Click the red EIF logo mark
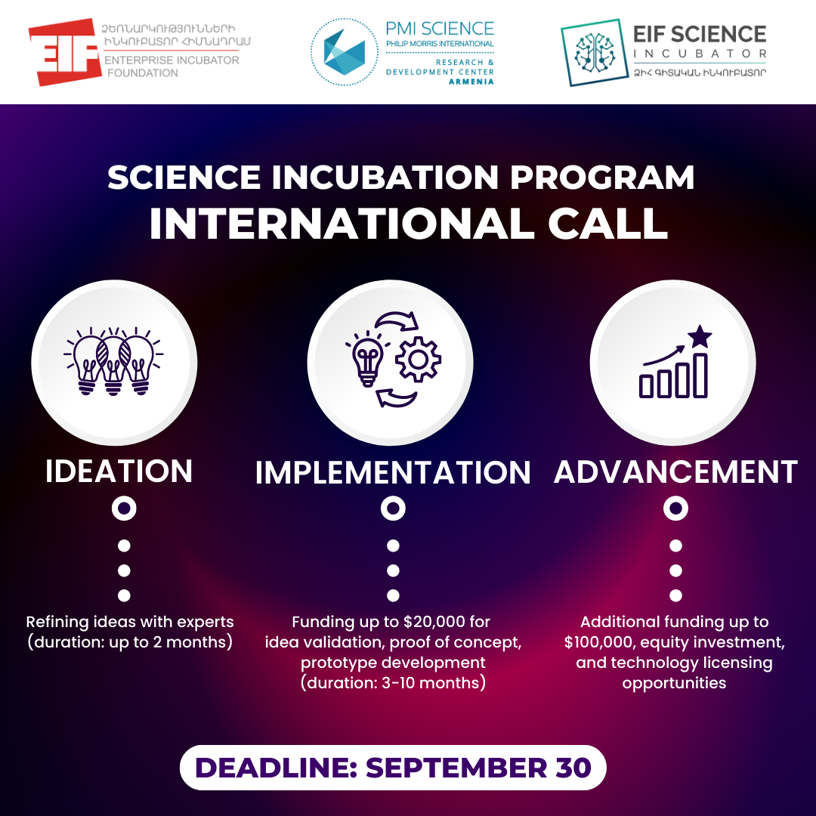(63, 52)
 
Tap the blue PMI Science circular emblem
(344, 52)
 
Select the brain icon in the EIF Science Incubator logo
(595, 53)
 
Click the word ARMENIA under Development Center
(471, 82)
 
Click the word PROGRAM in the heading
(602, 178)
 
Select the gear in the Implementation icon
(419, 359)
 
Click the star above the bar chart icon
(700, 337)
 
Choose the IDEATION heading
(119, 471)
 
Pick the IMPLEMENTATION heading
(393, 472)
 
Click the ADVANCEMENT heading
(675, 472)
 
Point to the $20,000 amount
(434, 623)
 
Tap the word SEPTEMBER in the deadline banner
(456, 768)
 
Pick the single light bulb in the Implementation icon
(367, 359)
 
